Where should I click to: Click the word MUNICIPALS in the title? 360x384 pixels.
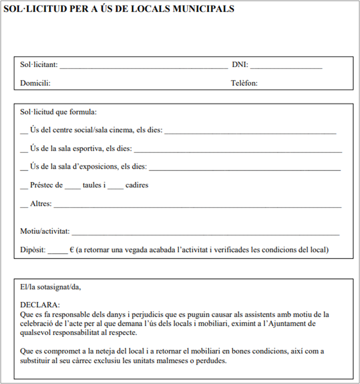201,9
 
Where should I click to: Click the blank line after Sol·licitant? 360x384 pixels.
143,67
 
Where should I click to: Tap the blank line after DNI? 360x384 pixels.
286,67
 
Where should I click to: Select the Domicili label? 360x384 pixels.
35,84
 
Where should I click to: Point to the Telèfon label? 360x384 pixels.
244,84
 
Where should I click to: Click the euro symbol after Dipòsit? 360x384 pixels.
72,250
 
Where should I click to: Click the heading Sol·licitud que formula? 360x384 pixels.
58,112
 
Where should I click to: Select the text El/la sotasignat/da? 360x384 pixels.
50,287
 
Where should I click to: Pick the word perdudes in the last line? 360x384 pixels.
210,361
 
